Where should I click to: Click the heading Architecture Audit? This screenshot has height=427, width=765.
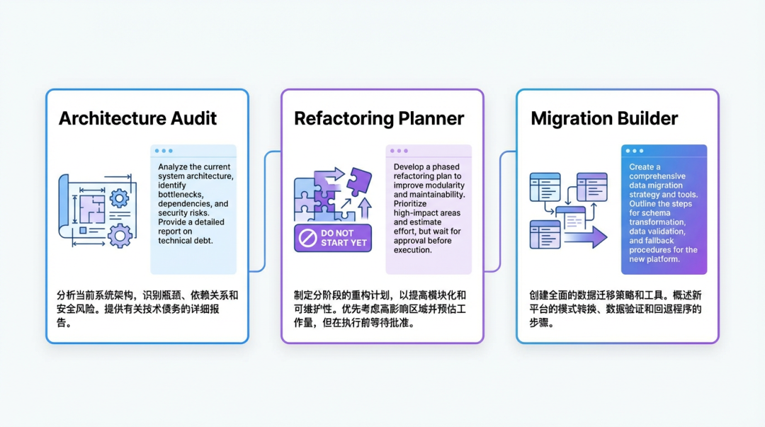[x=137, y=118]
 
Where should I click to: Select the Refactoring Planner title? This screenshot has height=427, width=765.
[x=378, y=118]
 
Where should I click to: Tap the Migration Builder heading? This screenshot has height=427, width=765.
[x=604, y=118]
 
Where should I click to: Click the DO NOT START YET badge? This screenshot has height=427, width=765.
[x=333, y=238]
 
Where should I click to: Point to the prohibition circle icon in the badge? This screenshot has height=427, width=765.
[x=308, y=238]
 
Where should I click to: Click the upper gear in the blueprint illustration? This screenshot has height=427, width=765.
[x=119, y=198]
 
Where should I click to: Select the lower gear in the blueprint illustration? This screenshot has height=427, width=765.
[x=120, y=237]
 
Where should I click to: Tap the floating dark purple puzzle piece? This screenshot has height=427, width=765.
[x=360, y=181]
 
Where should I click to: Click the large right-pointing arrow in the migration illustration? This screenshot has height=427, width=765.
[x=586, y=237]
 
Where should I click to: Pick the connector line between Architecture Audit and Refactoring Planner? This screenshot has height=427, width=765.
[x=265, y=211]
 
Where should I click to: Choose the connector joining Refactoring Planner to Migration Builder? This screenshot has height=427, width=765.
[x=500, y=211]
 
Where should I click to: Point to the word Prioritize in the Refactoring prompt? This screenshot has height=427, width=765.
[x=410, y=204]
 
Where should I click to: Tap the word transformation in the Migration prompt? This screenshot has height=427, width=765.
[x=657, y=222]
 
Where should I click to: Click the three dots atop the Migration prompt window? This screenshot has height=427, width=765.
[x=634, y=151]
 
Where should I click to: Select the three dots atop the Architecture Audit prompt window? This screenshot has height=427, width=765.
[x=164, y=151]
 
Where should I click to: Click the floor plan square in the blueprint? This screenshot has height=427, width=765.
[x=92, y=209]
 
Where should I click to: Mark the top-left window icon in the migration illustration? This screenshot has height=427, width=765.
[x=545, y=187]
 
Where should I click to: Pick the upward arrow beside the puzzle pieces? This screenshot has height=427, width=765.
[x=365, y=207]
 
